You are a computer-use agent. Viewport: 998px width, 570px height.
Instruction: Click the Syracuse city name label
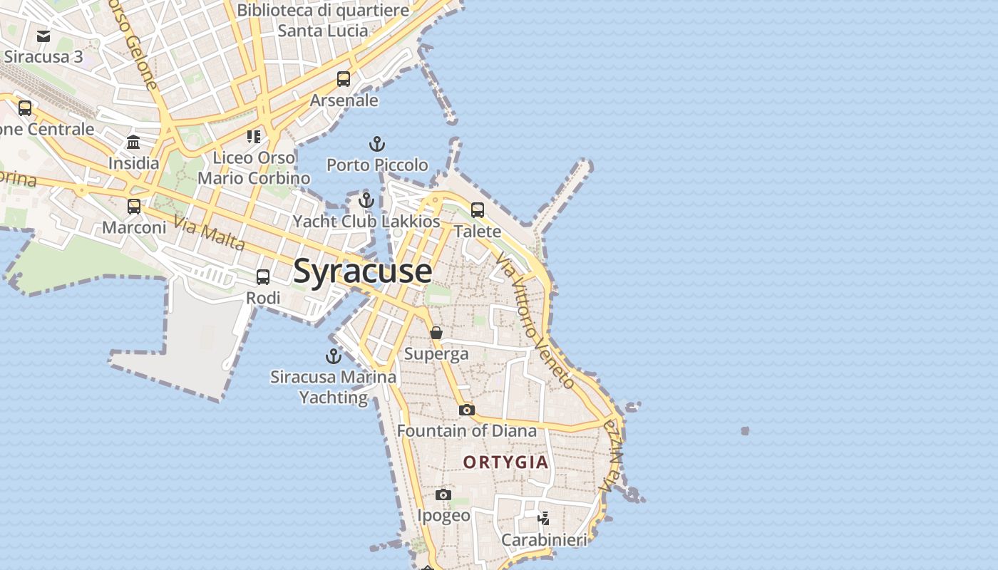(362, 271)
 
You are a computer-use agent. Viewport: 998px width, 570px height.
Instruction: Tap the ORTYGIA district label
(506, 462)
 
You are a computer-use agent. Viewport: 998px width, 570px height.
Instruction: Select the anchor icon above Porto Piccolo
(376, 145)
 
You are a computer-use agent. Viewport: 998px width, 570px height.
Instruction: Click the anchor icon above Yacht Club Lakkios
(366, 200)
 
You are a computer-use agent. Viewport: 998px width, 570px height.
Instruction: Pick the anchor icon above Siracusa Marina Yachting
(333, 356)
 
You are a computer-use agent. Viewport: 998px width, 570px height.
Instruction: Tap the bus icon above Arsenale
(344, 79)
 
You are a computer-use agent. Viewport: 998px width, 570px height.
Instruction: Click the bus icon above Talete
(478, 210)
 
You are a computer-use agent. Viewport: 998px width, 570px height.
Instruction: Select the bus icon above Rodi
(263, 277)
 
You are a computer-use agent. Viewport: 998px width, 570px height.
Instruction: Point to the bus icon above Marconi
(134, 207)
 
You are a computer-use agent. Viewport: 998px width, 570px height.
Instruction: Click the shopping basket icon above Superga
(436, 333)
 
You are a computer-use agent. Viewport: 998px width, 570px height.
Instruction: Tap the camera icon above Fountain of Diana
(466, 410)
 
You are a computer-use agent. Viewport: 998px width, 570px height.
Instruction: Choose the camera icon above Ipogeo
(443, 494)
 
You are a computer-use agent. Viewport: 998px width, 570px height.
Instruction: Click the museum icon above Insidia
(133, 142)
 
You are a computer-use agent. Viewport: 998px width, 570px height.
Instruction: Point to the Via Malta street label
(210, 234)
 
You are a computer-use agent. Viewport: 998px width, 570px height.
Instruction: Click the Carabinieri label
(544, 540)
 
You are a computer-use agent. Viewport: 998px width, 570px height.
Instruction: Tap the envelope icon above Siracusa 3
(43, 36)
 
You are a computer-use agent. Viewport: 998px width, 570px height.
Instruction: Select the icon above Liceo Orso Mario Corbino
(254, 136)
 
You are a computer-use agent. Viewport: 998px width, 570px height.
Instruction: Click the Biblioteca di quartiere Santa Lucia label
(323, 20)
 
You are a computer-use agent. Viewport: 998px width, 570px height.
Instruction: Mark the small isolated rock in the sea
(745, 431)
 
